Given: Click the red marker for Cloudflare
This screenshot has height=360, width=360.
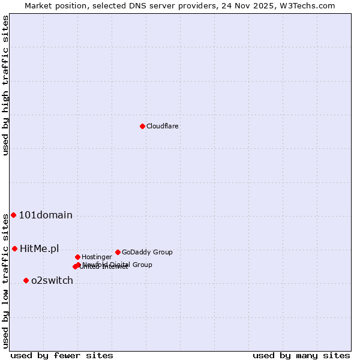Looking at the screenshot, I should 142,126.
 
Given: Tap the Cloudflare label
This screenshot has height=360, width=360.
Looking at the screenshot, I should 163,127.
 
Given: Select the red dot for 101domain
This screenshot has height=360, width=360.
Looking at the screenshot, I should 13,215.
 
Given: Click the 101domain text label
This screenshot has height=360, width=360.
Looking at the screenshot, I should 46,215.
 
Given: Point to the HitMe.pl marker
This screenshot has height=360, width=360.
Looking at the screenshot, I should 14,248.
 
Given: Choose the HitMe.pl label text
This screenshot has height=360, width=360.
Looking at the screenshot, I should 40,249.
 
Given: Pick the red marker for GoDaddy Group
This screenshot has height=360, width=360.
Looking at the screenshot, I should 118,252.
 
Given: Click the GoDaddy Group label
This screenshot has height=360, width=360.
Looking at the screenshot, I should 147,253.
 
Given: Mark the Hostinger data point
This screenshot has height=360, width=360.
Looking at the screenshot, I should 77,257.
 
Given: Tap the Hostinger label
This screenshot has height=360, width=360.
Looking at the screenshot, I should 97,257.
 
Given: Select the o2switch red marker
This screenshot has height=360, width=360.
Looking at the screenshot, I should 26,280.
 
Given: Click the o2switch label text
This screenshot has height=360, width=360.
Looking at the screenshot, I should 52,281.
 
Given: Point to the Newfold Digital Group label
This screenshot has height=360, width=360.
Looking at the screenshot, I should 118,265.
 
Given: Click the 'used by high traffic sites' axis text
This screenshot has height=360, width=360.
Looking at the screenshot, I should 5,85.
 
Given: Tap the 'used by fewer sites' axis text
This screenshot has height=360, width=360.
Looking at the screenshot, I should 62,356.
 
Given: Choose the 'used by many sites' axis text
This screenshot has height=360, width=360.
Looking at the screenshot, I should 301,356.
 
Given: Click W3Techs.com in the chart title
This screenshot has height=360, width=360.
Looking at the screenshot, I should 310,5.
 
